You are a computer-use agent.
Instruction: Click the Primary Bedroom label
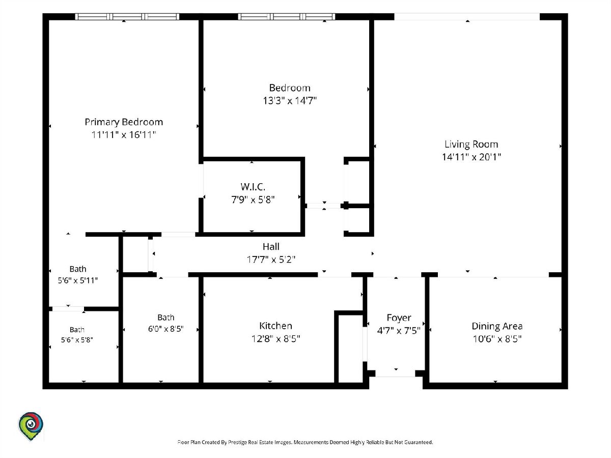(124, 122)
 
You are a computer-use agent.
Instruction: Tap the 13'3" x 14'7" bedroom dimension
(290, 100)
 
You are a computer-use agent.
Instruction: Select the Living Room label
(471, 144)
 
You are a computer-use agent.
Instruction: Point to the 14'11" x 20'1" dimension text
(471, 157)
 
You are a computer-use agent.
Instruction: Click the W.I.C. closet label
(253, 187)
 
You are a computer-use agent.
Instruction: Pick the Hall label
(271, 247)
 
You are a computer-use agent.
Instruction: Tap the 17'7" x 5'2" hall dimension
(271, 260)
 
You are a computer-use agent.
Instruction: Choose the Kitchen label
(275, 326)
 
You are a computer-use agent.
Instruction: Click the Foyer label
(399, 318)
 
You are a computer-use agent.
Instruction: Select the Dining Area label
(497, 326)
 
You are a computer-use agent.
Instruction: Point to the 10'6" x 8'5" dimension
(497, 339)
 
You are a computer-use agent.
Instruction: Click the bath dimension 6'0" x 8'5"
(165, 329)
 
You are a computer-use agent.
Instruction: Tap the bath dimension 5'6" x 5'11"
(78, 280)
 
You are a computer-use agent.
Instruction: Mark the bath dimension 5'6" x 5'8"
(77, 340)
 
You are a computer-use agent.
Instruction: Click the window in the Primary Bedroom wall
(127, 17)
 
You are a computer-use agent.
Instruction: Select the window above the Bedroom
(287, 17)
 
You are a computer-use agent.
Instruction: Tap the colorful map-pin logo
(31, 426)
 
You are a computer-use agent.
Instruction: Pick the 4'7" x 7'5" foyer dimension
(399, 331)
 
